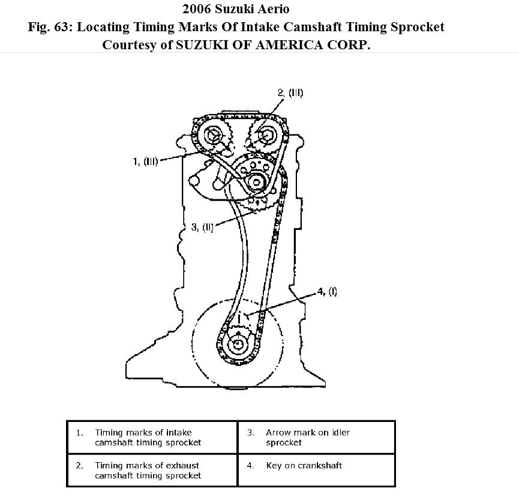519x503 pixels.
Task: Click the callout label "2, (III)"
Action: pos(290,92)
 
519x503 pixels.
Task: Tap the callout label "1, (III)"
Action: pos(145,161)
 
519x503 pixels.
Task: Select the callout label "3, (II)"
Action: pos(202,227)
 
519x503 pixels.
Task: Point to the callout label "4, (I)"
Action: pos(327,292)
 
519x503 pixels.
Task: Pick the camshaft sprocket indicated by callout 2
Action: pos(262,138)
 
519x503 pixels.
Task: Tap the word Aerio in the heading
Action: pos(274,9)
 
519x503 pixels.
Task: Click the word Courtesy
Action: pos(128,45)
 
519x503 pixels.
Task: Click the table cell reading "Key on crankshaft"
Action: pos(304,465)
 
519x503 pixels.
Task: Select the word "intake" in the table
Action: pos(178,432)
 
